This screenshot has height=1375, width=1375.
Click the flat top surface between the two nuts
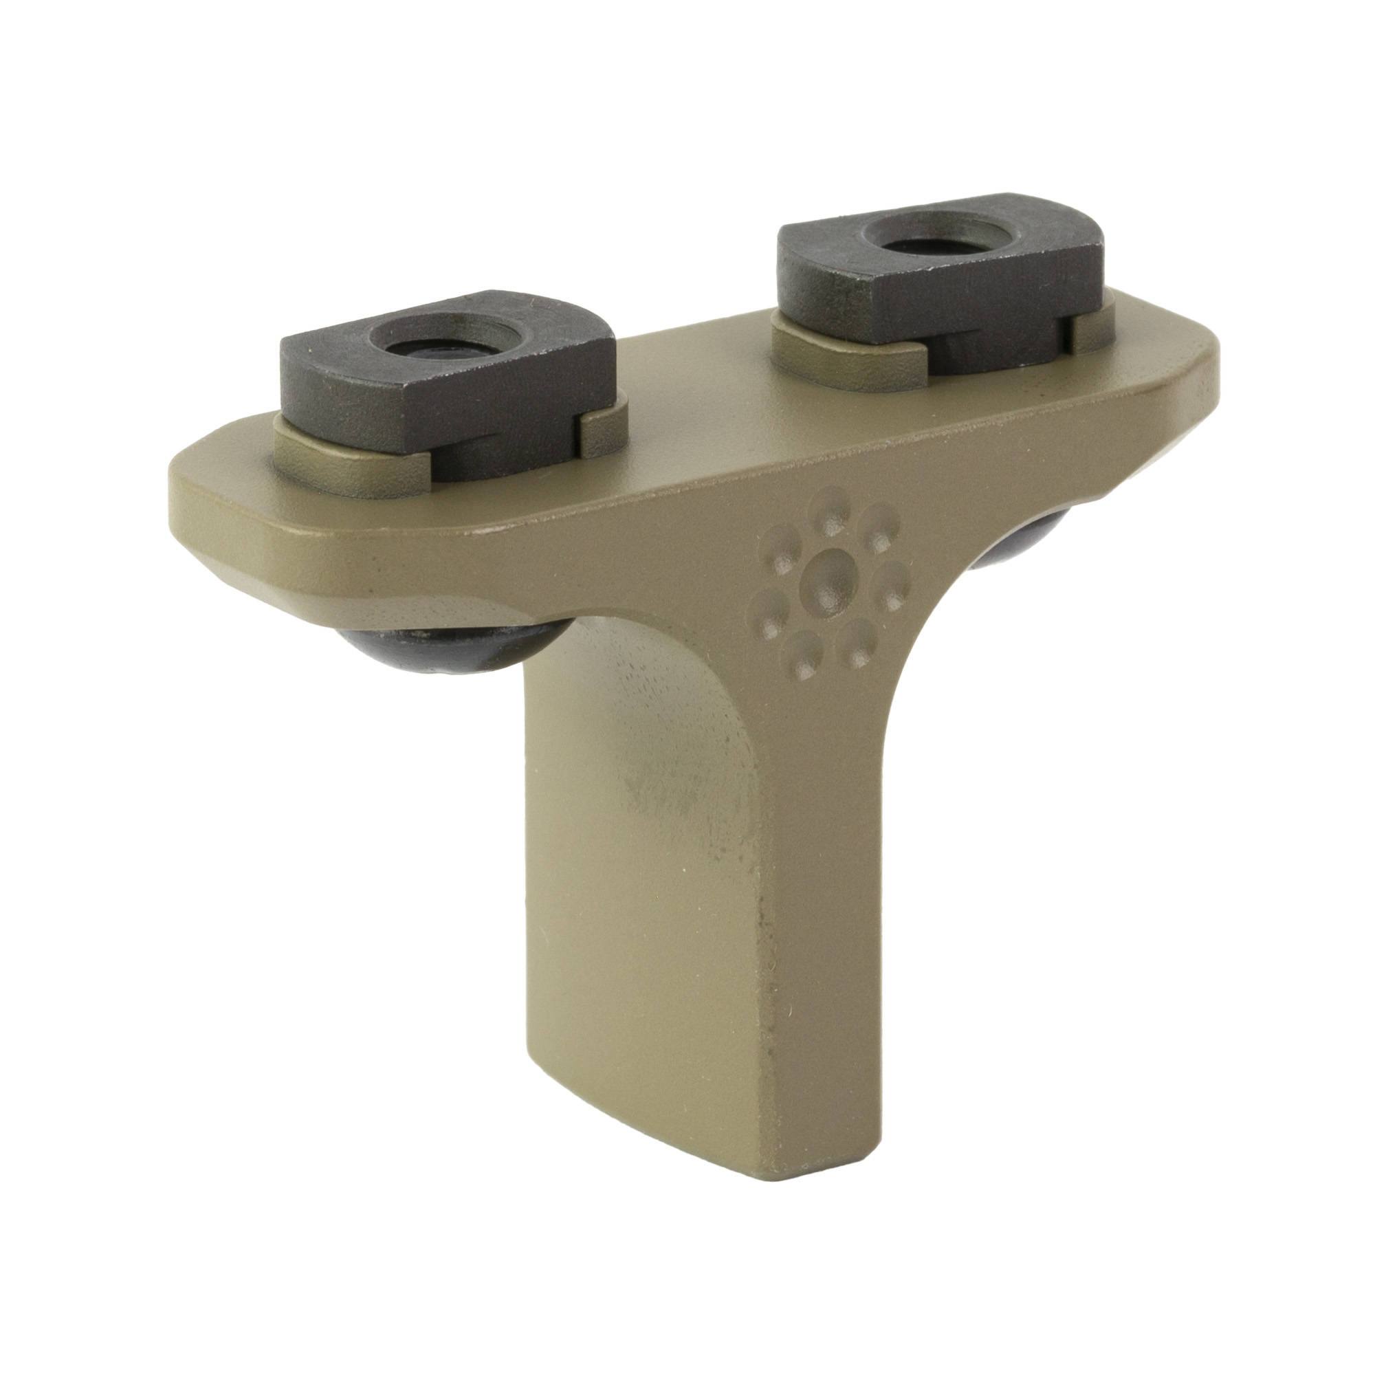(x=683, y=399)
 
